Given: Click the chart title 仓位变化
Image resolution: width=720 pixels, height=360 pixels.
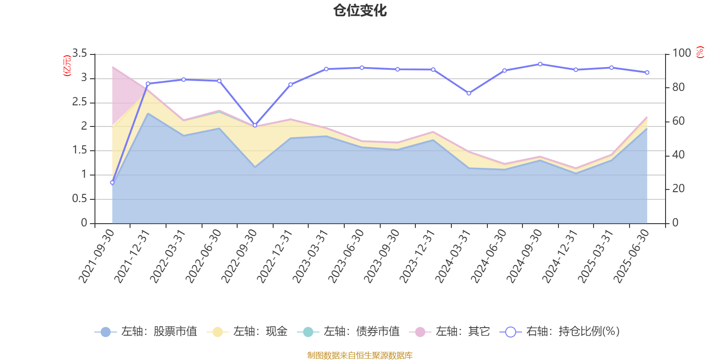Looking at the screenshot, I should point(360,10).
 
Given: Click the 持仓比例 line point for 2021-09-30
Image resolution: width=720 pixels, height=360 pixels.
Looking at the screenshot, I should point(112,183).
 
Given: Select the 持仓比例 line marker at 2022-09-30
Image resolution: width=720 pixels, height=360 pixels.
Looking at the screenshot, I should point(255,126).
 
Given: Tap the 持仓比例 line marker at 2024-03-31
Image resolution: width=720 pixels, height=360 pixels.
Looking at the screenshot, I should point(469,94).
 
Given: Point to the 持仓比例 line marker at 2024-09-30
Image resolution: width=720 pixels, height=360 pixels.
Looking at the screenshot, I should point(540,64).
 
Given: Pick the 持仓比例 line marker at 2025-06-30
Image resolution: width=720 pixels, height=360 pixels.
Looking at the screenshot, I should point(647,72).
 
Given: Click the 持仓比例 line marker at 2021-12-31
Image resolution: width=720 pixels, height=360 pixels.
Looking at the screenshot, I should point(148,84).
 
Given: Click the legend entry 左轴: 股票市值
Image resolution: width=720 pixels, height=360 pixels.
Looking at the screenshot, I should point(146,332).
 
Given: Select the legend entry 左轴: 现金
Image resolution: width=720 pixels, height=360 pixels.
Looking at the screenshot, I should point(247,332).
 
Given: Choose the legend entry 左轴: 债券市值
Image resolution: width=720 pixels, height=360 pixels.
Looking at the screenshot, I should point(348,332).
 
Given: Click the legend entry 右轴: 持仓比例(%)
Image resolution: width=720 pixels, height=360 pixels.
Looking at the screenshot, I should point(560,332).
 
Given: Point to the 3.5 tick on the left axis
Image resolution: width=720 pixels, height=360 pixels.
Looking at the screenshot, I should point(80,54).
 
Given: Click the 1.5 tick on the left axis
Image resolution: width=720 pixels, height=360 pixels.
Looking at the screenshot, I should point(80,150).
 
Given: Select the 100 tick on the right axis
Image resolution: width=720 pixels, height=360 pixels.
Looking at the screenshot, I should point(681,54).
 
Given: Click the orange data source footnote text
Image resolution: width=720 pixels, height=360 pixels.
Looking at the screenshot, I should point(360,355).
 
